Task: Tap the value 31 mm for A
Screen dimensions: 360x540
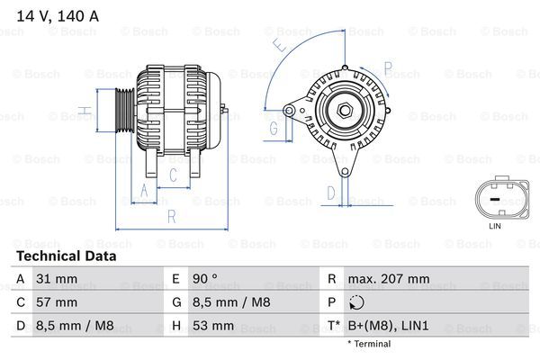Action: [x=55, y=279]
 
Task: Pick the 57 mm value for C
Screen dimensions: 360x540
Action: [x=56, y=302]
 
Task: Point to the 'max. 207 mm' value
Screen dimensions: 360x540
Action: [x=391, y=279]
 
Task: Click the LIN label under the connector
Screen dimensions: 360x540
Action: [x=494, y=226]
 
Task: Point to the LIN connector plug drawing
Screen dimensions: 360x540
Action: [x=494, y=197]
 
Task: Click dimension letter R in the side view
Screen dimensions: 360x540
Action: [x=171, y=216]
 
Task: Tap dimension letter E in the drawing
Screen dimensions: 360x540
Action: [x=280, y=41]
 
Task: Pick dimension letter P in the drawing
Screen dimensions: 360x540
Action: [x=388, y=67]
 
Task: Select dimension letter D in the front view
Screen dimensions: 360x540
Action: [x=330, y=192]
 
